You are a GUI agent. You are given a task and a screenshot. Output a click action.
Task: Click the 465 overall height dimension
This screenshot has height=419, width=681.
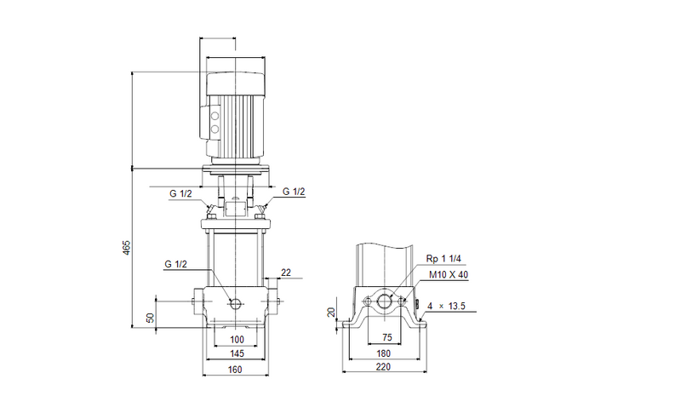pos(127,247)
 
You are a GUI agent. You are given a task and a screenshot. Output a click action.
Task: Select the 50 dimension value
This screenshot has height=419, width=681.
pos(151,317)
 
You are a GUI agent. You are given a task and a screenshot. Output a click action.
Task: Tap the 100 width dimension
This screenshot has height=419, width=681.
pos(237,339)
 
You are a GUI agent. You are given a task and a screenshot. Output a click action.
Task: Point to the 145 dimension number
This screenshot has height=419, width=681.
pos(237,353)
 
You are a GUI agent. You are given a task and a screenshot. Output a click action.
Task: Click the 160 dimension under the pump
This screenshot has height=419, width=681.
pos(236,369)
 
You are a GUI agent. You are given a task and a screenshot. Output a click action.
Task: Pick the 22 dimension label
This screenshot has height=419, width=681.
pos(285,272)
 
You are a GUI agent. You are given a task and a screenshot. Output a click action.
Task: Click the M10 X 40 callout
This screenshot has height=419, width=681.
pos(448,275)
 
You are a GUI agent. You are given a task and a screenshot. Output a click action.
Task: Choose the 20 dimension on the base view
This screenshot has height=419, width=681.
pos(332,312)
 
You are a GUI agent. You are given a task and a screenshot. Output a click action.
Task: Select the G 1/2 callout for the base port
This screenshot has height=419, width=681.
pos(177,265)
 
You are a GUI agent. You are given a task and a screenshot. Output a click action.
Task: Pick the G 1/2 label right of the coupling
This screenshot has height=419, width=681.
pos(294,192)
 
